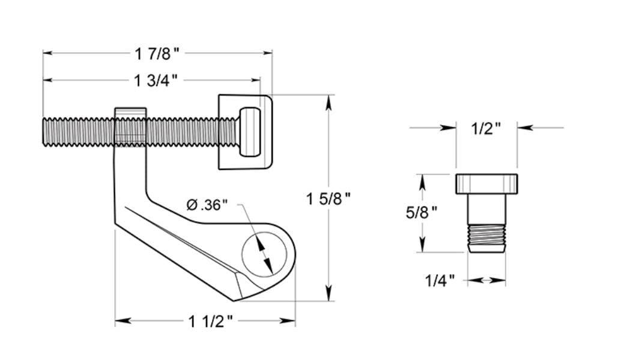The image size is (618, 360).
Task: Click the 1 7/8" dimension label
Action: tap(157, 54)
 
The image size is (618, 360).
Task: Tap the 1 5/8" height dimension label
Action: tap(328, 199)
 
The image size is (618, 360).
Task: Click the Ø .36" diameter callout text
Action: tap(207, 205)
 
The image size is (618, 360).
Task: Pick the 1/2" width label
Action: tap(486, 128)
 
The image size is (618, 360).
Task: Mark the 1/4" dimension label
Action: tap(440, 279)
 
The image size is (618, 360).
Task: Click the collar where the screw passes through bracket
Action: tap(130, 127)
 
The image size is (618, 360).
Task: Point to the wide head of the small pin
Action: tap(486, 183)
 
